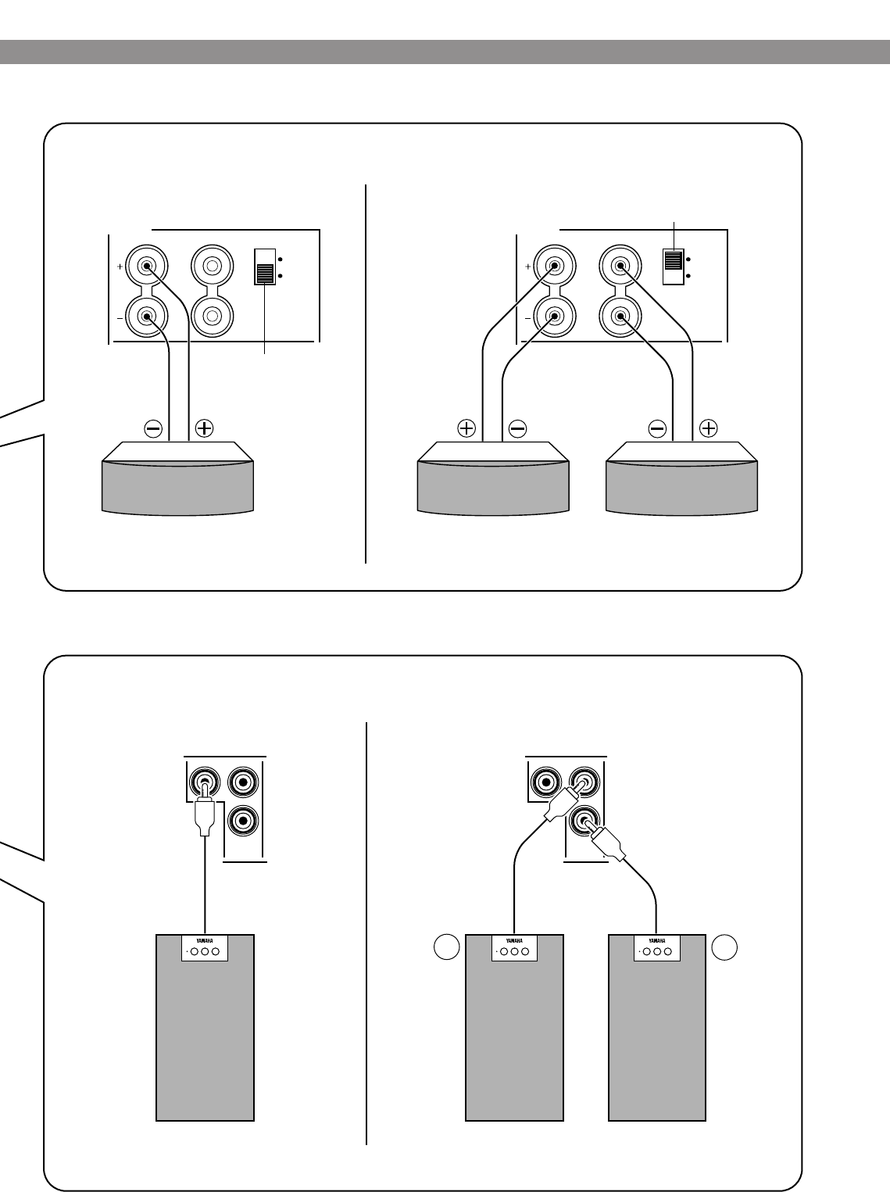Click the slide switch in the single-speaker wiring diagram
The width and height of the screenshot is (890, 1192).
pos(266,273)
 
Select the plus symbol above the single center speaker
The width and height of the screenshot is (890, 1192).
pos(204,428)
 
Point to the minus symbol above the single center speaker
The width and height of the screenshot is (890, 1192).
pos(153,428)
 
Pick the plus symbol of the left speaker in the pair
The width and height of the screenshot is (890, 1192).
pos(466,428)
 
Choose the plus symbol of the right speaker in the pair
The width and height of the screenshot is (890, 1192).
pos(708,428)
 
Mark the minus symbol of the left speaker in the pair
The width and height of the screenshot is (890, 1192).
pos(517,428)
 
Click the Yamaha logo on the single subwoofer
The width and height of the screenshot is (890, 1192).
pos(205,941)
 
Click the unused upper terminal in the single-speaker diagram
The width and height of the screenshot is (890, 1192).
pos(211,266)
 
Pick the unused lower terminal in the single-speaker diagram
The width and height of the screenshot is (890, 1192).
pos(211,317)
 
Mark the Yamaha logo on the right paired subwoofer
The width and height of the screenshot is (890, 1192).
pos(656,941)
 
